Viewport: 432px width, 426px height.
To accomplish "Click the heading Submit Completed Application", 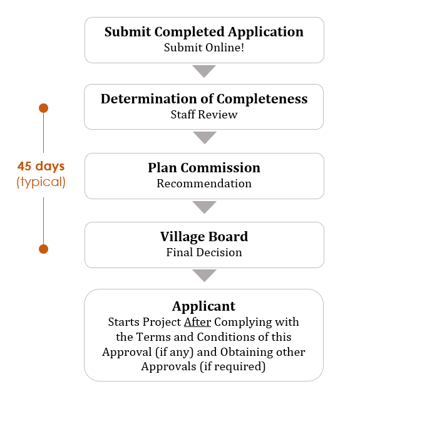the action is [204, 32].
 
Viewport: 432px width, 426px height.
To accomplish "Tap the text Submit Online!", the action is [204, 48].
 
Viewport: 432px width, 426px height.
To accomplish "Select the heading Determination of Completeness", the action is [204, 99].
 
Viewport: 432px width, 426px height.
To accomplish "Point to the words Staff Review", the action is [204, 115].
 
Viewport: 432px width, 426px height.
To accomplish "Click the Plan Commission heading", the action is [204, 168].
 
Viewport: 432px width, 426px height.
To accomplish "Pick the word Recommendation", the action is [204, 184].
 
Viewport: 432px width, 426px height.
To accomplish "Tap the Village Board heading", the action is [204, 237].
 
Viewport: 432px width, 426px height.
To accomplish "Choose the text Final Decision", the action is [204, 252].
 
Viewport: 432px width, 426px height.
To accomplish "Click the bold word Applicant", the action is [204, 306].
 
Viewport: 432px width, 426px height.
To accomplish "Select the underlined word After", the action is [198, 322].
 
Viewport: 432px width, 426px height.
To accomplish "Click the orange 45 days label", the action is [41, 167].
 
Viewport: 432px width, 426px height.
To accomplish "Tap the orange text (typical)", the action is [41, 182].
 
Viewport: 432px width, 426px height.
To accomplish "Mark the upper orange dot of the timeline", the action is [44, 108].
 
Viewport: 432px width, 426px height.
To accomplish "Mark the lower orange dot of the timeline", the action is [44, 249].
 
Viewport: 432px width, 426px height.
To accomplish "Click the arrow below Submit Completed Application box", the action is [204, 71].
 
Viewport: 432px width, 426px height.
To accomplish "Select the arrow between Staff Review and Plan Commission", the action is [205, 137].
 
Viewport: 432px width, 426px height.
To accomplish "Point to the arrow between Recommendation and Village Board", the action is [204, 207].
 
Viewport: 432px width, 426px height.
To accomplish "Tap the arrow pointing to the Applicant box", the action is [204, 275].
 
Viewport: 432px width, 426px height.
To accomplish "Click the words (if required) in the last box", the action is [233, 366].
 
